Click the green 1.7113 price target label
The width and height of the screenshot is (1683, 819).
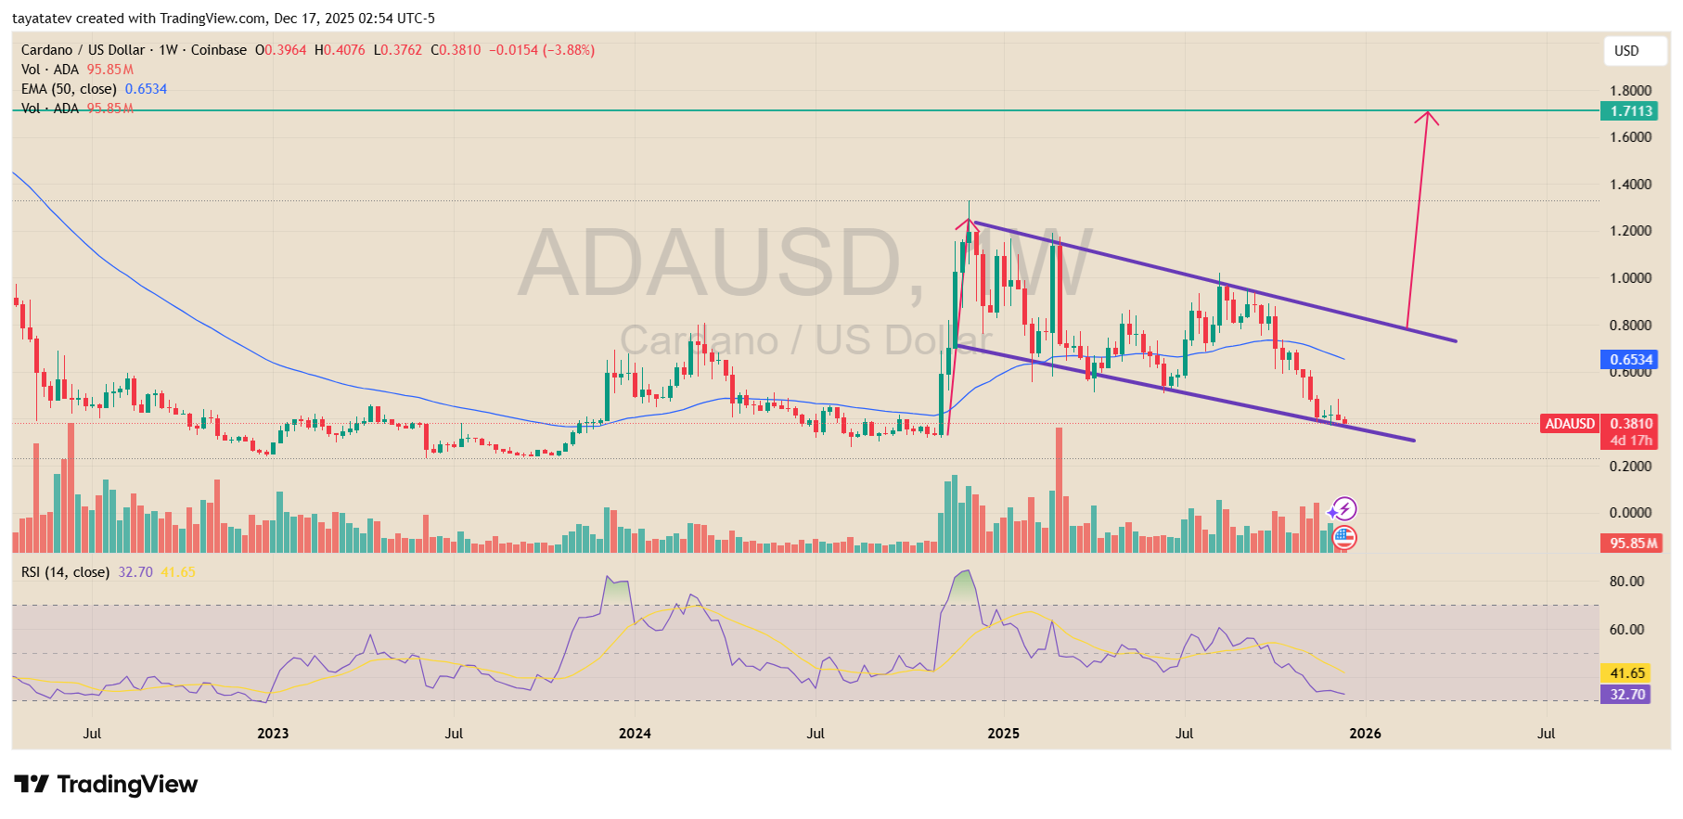coord(1630,111)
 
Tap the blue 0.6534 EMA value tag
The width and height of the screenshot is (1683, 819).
coord(1630,360)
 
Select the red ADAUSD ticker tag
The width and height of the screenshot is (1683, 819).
coord(1569,424)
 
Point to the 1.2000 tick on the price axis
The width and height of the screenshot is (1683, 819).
coord(1630,231)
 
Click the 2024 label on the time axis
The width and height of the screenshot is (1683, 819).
coord(635,734)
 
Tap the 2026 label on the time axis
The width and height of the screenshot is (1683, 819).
coord(1365,734)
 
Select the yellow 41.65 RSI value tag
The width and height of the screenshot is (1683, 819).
coord(1626,673)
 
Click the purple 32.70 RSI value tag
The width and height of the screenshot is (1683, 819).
coord(1626,695)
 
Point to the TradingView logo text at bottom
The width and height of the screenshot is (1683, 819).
coord(107,785)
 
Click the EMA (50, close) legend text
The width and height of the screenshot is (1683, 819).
coord(69,89)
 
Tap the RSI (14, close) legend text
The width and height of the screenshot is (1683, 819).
coord(65,572)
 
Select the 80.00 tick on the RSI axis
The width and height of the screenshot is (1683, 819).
coord(1626,582)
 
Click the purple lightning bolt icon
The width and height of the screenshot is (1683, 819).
coord(1343,508)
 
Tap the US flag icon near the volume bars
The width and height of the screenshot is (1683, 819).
coord(1344,537)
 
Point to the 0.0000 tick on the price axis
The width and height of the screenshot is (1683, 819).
coord(1630,513)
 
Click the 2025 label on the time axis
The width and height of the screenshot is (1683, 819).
coord(1003,734)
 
